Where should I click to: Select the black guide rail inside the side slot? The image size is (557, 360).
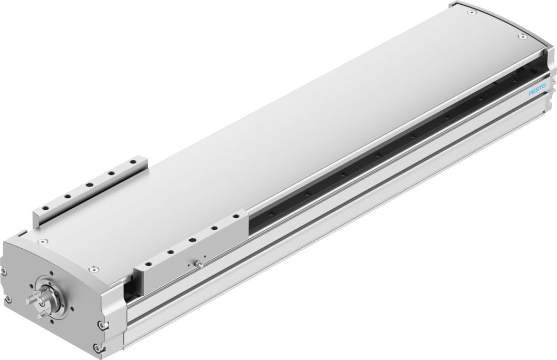380,158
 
